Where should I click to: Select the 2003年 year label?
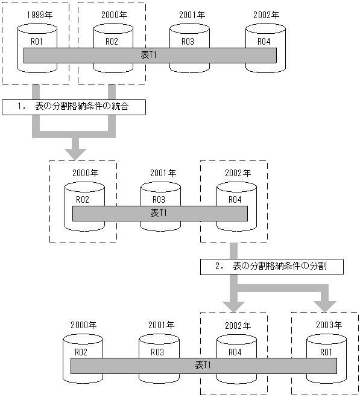tap(329, 325)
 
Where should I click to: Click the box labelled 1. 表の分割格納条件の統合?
tap(74, 107)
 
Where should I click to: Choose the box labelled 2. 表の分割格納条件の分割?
tap(272, 265)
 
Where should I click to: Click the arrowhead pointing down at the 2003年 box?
tap(327, 301)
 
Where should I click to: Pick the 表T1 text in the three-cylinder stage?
tap(159, 213)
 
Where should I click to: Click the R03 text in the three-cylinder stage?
tap(159, 199)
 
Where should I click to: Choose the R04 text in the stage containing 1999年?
tap(264, 41)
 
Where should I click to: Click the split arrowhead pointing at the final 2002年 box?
tap(233, 301)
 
